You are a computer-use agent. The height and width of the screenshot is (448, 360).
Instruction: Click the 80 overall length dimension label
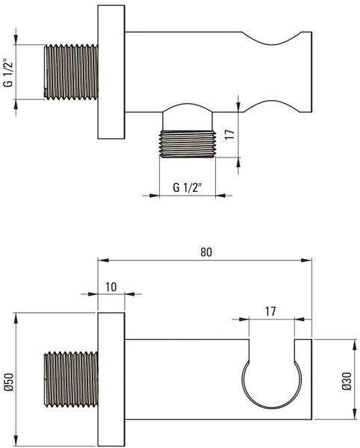pos(206,252)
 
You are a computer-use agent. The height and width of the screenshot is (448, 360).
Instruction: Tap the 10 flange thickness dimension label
pos(111,287)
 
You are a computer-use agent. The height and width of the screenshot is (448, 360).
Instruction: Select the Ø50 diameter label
pos(9,382)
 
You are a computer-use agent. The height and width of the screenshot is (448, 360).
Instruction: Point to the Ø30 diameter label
pos(347,381)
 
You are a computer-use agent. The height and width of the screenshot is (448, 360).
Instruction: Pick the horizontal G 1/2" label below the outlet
pos(187,187)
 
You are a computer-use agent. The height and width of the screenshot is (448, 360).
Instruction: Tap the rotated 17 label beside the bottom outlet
pos(229,134)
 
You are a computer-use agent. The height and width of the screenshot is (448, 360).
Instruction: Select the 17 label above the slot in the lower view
pos(270,311)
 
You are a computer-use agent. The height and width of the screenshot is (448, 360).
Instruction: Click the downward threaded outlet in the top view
pos(187,143)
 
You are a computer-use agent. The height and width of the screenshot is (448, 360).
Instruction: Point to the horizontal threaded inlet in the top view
pos(71,72)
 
